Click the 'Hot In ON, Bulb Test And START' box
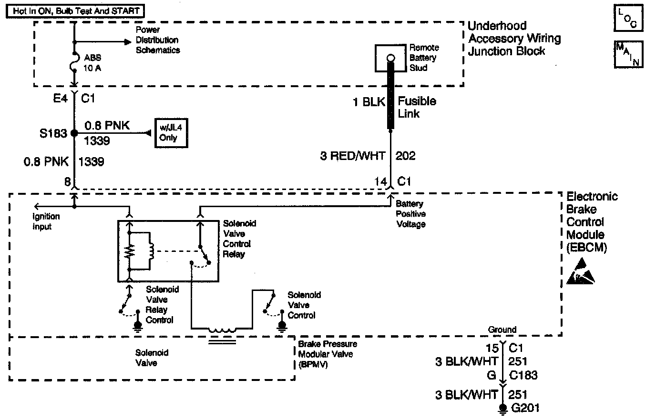point(75,10)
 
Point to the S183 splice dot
point(74,133)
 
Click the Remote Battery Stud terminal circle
point(390,59)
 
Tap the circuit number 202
point(405,156)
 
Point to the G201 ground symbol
point(502,409)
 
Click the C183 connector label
point(523,375)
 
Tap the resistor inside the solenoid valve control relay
point(128,251)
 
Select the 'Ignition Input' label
point(46,221)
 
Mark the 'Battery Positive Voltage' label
point(411,214)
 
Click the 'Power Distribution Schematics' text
point(157,40)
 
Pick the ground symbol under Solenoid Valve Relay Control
point(138,326)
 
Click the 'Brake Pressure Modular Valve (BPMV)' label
point(328,354)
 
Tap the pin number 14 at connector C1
point(381,181)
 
